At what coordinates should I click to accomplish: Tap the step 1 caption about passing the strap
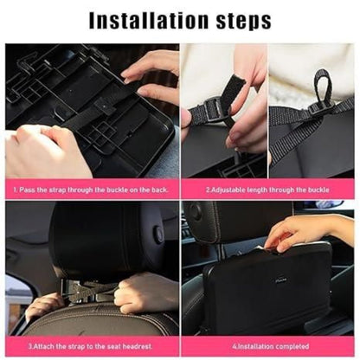[x=91, y=189]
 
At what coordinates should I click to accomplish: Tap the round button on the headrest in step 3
[x=158, y=234]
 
